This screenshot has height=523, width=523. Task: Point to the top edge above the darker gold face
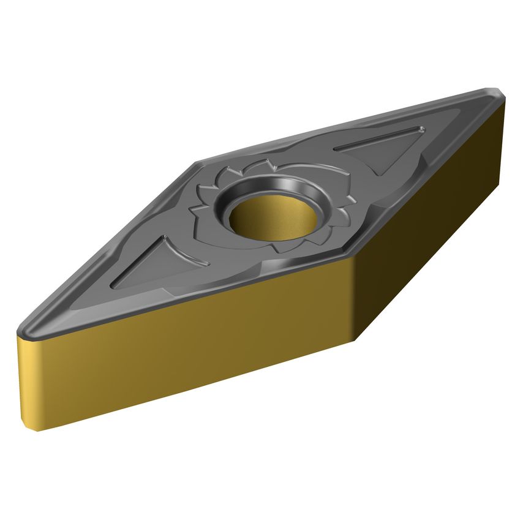pyautogui.click(x=429, y=178)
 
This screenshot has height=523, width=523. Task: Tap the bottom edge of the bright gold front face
pyautogui.click(x=196, y=386)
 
